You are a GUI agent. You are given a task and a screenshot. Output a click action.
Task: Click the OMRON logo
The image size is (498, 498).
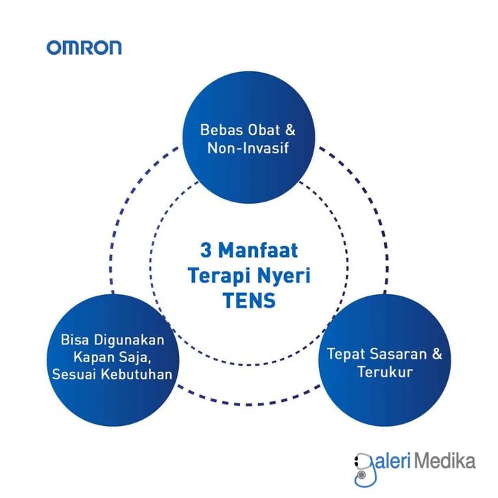pos(84,47)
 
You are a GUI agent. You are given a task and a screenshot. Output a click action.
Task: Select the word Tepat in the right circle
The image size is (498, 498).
pos(345,355)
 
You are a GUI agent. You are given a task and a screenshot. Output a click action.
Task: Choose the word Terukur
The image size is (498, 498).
pos(383,372)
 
